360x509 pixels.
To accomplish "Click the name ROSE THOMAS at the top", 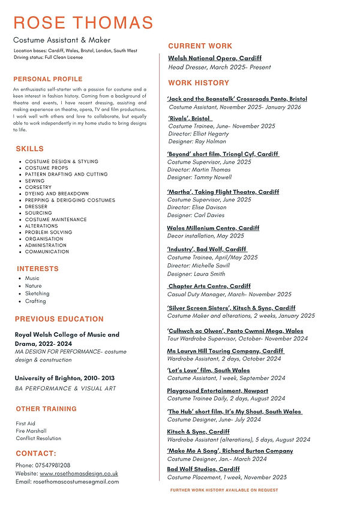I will tap(83, 23).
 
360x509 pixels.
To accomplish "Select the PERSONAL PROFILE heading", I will tap(48, 79).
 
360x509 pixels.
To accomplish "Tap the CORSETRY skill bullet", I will tap(38, 187).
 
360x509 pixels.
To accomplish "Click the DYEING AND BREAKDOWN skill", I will tap(56, 194).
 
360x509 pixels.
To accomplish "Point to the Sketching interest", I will tap(37, 294).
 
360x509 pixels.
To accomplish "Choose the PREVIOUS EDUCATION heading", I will tap(59, 319).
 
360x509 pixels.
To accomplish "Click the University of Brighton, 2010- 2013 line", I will tap(64, 378).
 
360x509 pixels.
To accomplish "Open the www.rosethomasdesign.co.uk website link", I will tap(79, 474).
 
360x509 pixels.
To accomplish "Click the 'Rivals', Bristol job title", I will tap(188, 119).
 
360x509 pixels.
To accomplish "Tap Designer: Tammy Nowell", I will tap(199, 177).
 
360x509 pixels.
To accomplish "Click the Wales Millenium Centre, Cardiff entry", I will tap(213, 228).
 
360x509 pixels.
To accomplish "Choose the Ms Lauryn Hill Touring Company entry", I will tap(225, 351).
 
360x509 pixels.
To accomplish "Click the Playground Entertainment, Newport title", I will tap(217, 391).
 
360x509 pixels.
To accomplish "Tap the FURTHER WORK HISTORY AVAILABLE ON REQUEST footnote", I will tap(224, 490).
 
